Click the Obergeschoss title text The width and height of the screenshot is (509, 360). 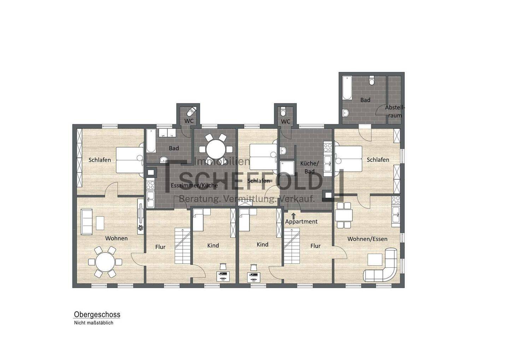pos(97,314)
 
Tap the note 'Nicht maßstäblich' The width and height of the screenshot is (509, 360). pos(93,323)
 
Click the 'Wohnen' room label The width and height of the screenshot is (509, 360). pos(116,238)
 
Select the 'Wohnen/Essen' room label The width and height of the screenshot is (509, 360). pos(367,239)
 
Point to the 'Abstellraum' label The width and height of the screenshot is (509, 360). pos(395,111)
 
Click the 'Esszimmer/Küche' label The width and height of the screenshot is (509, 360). pos(194,185)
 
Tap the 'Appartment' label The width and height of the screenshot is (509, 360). pos(301,222)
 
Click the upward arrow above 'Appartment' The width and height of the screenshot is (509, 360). pos(293,215)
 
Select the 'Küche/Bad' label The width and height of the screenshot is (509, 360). pos(309,167)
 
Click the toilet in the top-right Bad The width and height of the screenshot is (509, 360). pos(371,81)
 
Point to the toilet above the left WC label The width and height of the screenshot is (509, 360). pos(191,111)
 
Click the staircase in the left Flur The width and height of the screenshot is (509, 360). pos(182,246)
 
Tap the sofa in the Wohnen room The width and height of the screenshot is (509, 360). pos(86,222)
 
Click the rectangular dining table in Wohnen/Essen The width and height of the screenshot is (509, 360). pos(344,215)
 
